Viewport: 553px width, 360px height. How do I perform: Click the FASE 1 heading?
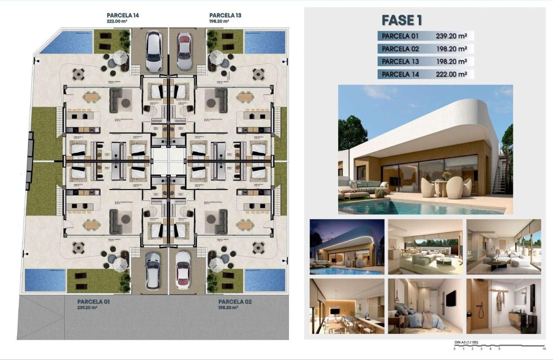click(x=402, y=20)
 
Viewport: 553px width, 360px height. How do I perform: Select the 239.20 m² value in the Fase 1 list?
click(x=451, y=36)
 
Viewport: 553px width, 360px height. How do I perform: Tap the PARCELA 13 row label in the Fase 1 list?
click(x=400, y=62)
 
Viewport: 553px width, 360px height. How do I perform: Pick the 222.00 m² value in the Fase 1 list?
click(x=451, y=74)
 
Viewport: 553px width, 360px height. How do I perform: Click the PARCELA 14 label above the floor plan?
click(x=123, y=15)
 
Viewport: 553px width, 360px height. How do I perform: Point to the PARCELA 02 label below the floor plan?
click(x=234, y=302)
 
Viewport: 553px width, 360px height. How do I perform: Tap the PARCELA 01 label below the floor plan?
click(x=93, y=302)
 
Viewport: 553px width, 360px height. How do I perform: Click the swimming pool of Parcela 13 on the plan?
click(x=264, y=42)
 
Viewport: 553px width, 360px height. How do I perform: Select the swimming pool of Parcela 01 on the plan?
click(x=45, y=279)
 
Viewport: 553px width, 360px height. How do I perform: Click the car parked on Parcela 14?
click(x=153, y=51)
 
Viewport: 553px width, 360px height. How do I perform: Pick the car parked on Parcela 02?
click(x=183, y=270)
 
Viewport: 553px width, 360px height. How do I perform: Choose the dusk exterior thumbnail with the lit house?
click(x=347, y=247)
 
